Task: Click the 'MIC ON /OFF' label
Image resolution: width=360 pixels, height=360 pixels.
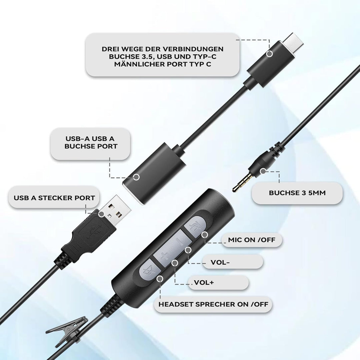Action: [251, 240]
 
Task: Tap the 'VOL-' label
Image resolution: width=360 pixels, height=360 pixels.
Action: [220, 262]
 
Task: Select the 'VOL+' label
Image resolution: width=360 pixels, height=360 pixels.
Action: [204, 282]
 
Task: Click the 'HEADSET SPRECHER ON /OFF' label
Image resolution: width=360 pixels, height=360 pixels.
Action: [213, 304]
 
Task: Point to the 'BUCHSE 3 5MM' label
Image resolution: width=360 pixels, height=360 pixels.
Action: [297, 193]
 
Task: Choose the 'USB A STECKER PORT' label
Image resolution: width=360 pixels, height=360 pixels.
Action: [54, 198]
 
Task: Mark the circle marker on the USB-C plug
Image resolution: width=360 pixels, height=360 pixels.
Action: [270, 54]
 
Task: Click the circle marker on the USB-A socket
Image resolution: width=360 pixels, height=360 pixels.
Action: [136, 177]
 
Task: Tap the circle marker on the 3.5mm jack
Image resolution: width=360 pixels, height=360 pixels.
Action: [263, 171]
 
